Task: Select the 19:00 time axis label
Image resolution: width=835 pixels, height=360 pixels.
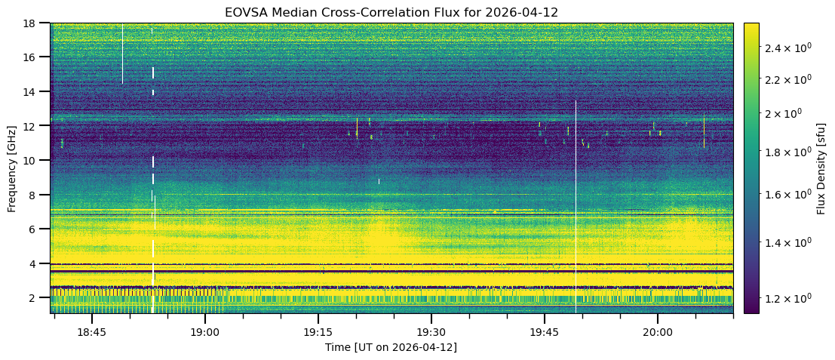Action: [204, 332]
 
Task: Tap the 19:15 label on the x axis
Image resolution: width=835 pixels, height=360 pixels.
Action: [318, 332]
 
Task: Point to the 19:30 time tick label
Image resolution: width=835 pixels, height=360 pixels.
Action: [431, 332]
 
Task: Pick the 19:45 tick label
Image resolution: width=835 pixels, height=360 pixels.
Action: [544, 332]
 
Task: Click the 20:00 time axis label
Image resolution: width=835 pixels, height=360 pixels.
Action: [657, 332]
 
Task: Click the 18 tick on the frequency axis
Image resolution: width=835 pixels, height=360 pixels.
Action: [33, 23]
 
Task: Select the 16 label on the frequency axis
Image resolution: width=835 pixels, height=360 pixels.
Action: [33, 57]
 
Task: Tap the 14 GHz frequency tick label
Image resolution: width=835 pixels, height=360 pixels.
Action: [33, 92]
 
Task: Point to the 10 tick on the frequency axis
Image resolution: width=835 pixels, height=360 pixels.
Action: [33, 161]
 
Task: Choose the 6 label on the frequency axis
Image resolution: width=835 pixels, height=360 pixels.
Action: [36, 229]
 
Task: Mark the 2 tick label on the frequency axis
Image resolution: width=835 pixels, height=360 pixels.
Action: [36, 298]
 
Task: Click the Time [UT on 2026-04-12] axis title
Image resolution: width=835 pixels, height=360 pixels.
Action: [391, 347]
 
